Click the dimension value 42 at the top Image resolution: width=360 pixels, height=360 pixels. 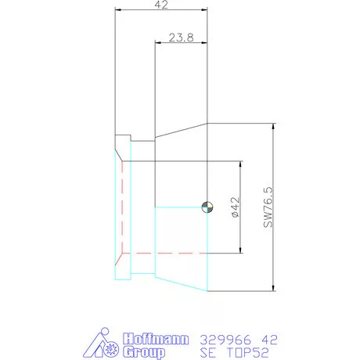[x=162, y=5]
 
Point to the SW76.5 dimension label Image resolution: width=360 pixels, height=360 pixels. [x=268, y=207]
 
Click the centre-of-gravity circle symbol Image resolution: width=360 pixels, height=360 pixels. [x=207, y=207]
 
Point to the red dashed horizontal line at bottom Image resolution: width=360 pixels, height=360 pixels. [x=180, y=253]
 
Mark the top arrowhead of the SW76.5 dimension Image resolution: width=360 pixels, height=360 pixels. [x=273, y=126]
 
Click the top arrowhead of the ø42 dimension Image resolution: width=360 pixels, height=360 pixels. [x=239, y=164]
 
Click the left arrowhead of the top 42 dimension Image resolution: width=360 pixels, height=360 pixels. [x=117, y=10]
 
